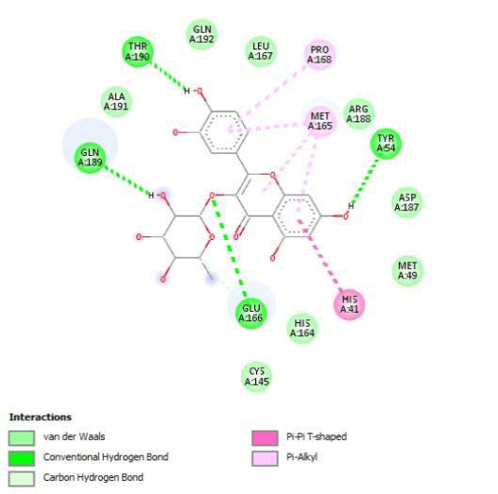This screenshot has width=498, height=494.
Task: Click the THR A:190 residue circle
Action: (x=138, y=51)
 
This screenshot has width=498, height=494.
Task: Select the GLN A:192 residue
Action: (x=202, y=35)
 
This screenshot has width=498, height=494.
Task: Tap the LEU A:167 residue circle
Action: (x=261, y=51)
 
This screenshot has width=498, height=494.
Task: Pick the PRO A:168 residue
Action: (x=320, y=54)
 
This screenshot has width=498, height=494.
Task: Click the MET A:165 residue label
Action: (x=320, y=121)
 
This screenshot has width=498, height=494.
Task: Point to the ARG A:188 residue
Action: (x=359, y=114)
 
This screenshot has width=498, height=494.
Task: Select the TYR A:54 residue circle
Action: (x=386, y=144)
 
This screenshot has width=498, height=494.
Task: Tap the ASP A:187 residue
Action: (x=406, y=203)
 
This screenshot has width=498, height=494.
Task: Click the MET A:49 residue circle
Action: (x=407, y=271)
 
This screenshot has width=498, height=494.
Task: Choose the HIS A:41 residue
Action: (x=349, y=304)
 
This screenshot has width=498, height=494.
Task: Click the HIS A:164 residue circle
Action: (x=302, y=329)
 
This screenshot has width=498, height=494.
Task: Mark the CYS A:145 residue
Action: (x=257, y=376)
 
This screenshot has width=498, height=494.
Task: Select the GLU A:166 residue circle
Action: (x=251, y=313)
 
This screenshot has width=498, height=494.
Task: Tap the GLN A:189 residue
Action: (x=90, y=158)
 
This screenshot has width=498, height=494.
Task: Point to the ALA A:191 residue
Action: (x=116, y=102)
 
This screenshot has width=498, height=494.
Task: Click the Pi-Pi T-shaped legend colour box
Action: (x=264, y=438)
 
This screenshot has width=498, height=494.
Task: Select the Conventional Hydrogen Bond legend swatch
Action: (x=21, y=459)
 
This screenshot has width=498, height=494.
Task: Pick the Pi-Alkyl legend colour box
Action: (x=264, y=459)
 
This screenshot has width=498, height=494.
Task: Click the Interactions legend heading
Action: (x=40, y=416)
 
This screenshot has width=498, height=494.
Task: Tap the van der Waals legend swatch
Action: (x=21, y=438)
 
